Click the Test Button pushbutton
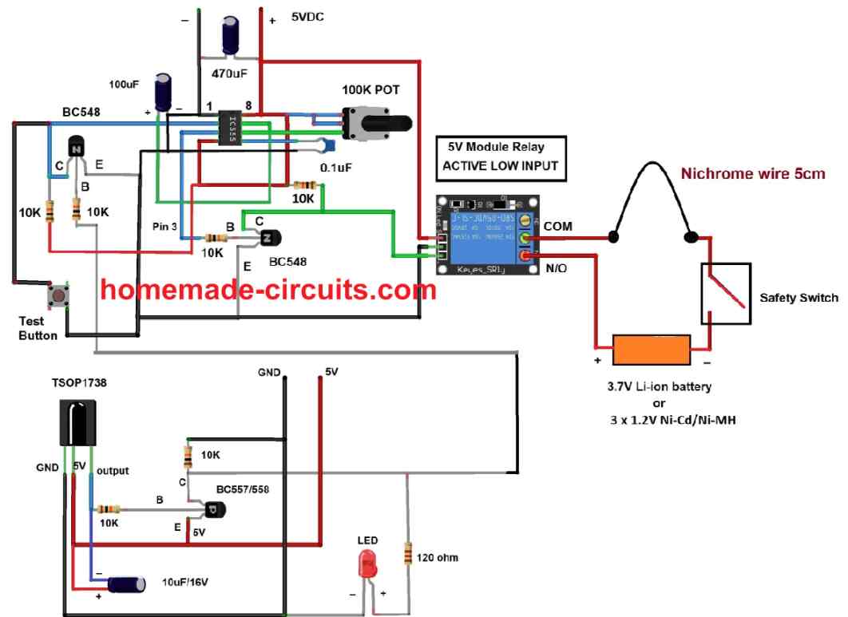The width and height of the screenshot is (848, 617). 59,297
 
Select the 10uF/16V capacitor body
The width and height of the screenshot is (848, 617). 127,584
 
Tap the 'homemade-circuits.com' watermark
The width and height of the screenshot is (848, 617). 269,289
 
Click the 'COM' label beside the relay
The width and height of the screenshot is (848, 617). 558,227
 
